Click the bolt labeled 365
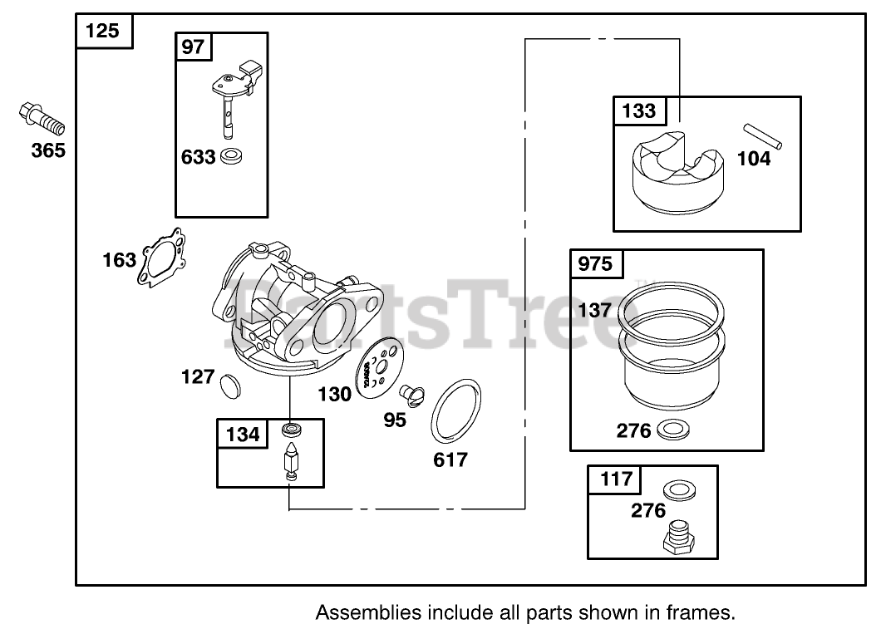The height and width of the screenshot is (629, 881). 41,119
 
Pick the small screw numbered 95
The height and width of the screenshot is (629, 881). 411,393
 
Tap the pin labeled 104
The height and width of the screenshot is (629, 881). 762,135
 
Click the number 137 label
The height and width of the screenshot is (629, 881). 595,310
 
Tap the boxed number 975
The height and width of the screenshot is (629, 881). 595,264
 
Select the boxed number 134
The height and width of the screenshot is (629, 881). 243,434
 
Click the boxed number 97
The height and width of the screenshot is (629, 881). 193,47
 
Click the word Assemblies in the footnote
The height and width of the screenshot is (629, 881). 366,613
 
